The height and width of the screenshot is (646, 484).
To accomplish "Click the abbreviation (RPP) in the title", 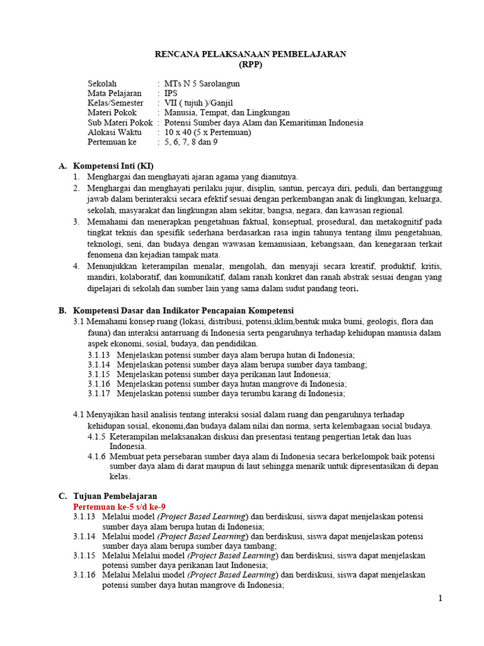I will tap(250, 64).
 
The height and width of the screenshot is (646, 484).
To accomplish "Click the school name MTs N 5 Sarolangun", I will tap(202, 83).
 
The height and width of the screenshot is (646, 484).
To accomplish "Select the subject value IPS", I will tap(171, 93).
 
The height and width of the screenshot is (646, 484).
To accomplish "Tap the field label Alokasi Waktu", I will tap(115, 132).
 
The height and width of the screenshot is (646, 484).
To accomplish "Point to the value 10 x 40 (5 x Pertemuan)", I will tap(207, 132).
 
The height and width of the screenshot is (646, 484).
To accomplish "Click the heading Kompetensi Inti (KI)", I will tap(113, 166).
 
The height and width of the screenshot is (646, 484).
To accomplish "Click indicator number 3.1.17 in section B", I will tap(99, 393).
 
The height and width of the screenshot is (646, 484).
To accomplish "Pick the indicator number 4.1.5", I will tap(96, 436).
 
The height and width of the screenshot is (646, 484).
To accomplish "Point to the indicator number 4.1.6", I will tap(96, 456).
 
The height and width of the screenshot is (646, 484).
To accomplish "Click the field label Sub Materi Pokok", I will tap(120, 123).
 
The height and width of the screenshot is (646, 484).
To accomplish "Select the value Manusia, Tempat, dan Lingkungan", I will tap(222, 113).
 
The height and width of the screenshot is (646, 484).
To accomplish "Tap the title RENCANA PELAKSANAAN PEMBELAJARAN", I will tap(250, 54).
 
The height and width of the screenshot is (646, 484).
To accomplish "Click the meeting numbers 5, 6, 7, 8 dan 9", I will tap(191, 143).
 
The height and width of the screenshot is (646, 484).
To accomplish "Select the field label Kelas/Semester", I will tap(115, 103).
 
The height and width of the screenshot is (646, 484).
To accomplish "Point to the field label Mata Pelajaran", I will tap(115, 93).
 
